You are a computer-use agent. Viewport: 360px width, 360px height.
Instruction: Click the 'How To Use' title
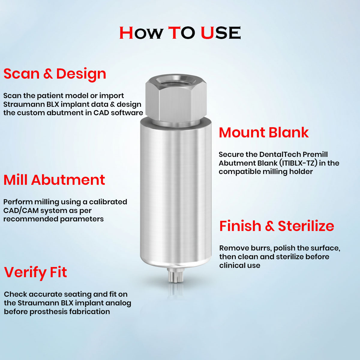[x=180, y=33]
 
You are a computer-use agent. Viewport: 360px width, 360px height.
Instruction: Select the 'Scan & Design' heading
[x=55, y=74]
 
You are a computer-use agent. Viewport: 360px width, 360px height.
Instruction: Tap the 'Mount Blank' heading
[x=263, y=133]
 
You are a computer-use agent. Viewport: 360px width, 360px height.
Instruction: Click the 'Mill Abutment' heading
[x=54, y=180]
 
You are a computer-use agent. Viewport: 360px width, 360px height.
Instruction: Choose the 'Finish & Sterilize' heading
[x=276, y=226]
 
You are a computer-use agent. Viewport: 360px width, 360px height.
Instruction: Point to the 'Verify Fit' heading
[x=35, y=272]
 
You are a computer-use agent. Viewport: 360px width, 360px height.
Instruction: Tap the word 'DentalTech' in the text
[x=280, y=154]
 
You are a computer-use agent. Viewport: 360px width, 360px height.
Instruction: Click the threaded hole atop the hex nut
[x=175, y=81]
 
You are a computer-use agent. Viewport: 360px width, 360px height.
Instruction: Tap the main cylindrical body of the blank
[x=175, y=192]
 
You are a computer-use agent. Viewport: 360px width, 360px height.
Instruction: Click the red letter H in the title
[x=126, y=33]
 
